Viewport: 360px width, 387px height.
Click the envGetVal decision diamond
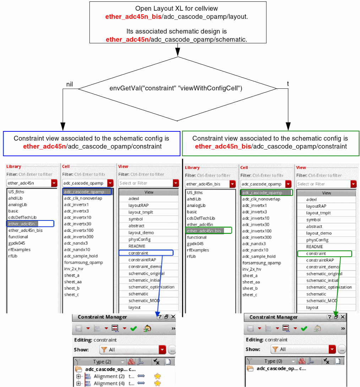click(176, 88)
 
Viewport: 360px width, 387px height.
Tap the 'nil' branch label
click(69, 84)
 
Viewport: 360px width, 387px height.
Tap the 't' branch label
click(288, 83)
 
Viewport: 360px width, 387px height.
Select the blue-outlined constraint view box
click(92, 143)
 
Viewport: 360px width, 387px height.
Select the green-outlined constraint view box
click(271, 143)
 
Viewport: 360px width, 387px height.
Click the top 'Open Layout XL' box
click(178, 22)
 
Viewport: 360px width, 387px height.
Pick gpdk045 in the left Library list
click(17, 243)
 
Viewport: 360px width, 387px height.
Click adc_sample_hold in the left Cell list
click(81, 256)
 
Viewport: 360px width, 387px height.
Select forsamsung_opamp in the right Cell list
click(261, 263)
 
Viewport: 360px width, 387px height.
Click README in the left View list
click(137, 246)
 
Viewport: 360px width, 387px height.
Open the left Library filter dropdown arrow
click(54, 183)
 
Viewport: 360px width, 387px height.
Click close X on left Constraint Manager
click(173, 317)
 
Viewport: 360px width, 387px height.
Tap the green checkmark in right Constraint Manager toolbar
click(304, 328)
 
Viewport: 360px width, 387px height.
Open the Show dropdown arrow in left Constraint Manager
click(162, 350)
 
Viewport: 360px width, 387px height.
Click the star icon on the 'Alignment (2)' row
click(157, 376)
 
